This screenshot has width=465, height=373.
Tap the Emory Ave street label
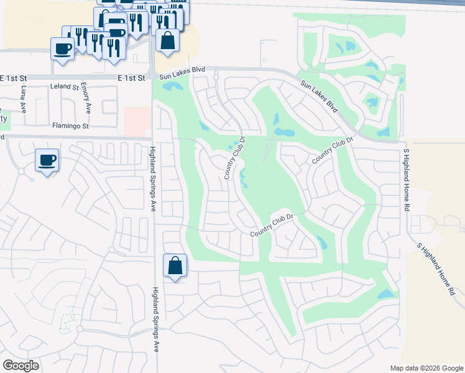[x=86, y=98]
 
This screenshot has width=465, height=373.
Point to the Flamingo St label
[x=71, y=126]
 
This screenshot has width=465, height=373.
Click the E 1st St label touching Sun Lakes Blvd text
[x=132, y=78]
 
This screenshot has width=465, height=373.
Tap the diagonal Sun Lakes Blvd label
[x=319, y=96]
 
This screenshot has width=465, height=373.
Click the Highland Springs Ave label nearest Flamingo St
[x=152, y=178]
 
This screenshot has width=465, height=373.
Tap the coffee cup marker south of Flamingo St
[x=47, y=161]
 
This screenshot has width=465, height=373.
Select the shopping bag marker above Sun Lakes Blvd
[x=167, y=41]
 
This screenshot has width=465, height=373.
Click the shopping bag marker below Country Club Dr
[x=175, y=265]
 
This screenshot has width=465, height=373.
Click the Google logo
[x=21, y=365]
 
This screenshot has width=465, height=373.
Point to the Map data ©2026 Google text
[x=426, y=368]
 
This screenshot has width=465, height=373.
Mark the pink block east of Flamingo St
[x=137, y=121]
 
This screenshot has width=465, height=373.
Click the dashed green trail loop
[x=69, y=321]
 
